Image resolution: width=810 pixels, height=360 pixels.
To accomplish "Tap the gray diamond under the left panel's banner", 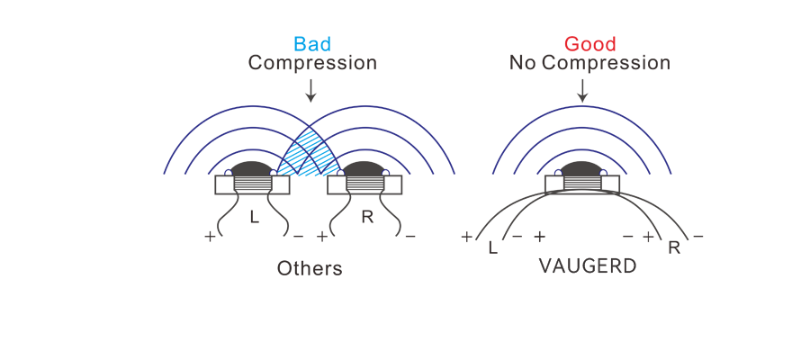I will point(309,101).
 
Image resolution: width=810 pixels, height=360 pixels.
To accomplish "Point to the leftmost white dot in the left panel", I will point(229,172).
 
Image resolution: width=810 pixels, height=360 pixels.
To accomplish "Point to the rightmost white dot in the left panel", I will point(386,172).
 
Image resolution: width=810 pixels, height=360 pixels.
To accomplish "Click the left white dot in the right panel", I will point(558,172).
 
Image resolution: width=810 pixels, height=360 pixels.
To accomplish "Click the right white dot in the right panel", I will point(604,172).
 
